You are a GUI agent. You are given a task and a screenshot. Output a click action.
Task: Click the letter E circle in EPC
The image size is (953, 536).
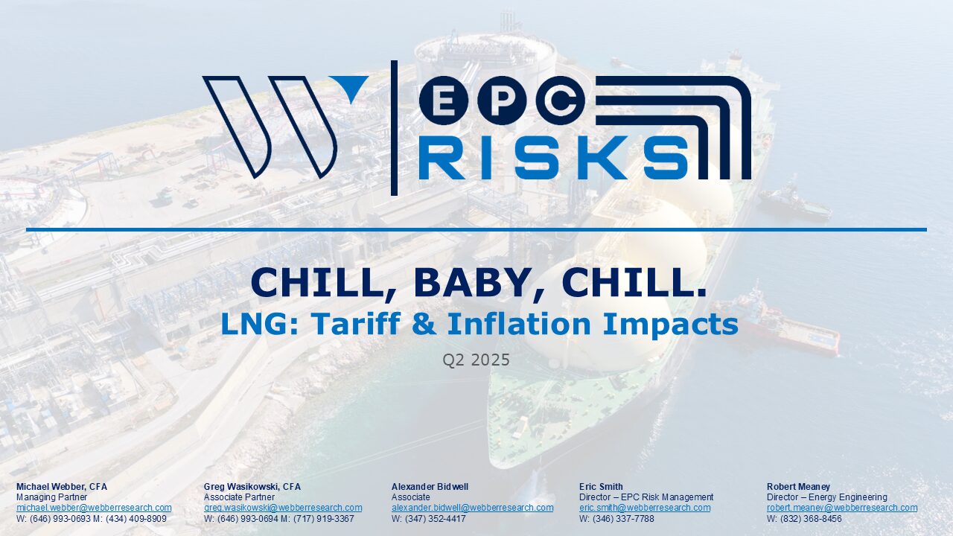click(x=444, y=100)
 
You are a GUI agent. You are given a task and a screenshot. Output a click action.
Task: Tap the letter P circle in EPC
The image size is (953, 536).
click(x=502, y=100)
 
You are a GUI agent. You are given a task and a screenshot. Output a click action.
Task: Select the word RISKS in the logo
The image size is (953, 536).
click(x=553, y=157)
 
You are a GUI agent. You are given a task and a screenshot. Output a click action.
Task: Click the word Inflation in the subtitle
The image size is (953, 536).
click(x=519, y=324)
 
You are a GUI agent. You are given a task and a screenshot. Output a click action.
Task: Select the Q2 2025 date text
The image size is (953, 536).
click(x=476, y=360)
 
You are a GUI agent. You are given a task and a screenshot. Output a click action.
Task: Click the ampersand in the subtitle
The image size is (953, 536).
click(x=424, y=324)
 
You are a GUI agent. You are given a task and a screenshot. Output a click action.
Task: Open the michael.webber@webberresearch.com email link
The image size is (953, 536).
click(x=94, y=508)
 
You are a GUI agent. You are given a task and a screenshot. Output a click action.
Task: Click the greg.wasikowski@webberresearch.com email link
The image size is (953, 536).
click(x=283, y=508)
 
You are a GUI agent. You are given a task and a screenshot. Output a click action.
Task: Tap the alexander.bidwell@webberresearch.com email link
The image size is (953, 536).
click(x=472, y=508)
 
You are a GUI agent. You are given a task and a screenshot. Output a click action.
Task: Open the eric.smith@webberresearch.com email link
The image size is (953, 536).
click(x=645, y=508)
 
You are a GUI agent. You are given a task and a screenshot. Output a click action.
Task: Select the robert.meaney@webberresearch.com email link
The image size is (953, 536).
click(x=842, y=508)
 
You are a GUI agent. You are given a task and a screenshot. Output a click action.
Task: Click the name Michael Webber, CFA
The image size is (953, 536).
click(x=62, y=487)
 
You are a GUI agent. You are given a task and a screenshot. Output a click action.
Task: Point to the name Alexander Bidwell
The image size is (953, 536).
click(x=430, y=487)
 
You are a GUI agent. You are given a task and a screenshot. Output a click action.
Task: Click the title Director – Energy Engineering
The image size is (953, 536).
click(x=827, y=497)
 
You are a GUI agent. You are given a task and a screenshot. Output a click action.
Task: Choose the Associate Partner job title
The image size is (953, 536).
click(x=239, y=497)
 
